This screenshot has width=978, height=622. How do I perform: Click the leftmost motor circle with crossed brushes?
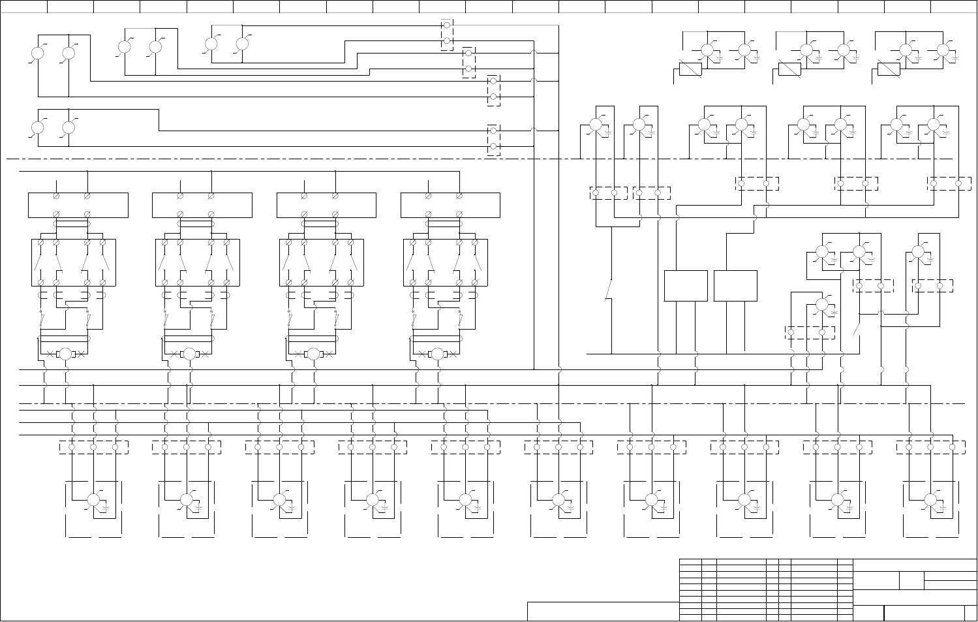coord(65,354)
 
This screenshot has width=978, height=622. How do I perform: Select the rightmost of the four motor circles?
coord(437,354)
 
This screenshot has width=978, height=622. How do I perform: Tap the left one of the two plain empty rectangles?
coord(686,286)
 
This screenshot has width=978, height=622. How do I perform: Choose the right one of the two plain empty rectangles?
coord(735,286)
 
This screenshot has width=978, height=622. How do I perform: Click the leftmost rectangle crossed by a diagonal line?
coord(690,69)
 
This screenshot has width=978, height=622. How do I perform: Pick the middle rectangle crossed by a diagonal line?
coord(789,69)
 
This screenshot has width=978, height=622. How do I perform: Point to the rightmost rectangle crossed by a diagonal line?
coord(889,69)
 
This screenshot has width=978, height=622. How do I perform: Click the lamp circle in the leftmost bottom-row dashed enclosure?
coord(93,500)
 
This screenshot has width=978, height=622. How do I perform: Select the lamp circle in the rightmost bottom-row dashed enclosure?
coord(930,500)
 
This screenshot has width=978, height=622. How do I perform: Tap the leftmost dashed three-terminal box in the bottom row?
coord(93,447)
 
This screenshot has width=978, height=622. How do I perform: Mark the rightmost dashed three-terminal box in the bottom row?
coord(930,447)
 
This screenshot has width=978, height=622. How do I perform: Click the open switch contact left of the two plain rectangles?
coord(609,290)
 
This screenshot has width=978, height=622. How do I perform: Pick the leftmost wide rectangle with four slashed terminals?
coord(78,205)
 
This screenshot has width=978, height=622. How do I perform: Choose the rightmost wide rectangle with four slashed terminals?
coord(450,205)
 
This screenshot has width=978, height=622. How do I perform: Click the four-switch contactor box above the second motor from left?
coord(198,262)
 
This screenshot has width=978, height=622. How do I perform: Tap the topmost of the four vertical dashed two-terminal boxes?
coord(447,35)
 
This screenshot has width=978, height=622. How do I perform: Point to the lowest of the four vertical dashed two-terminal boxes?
coord(494,139)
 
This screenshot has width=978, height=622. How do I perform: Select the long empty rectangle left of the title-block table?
coord(602,612)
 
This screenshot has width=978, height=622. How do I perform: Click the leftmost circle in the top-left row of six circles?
coord(38,54)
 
